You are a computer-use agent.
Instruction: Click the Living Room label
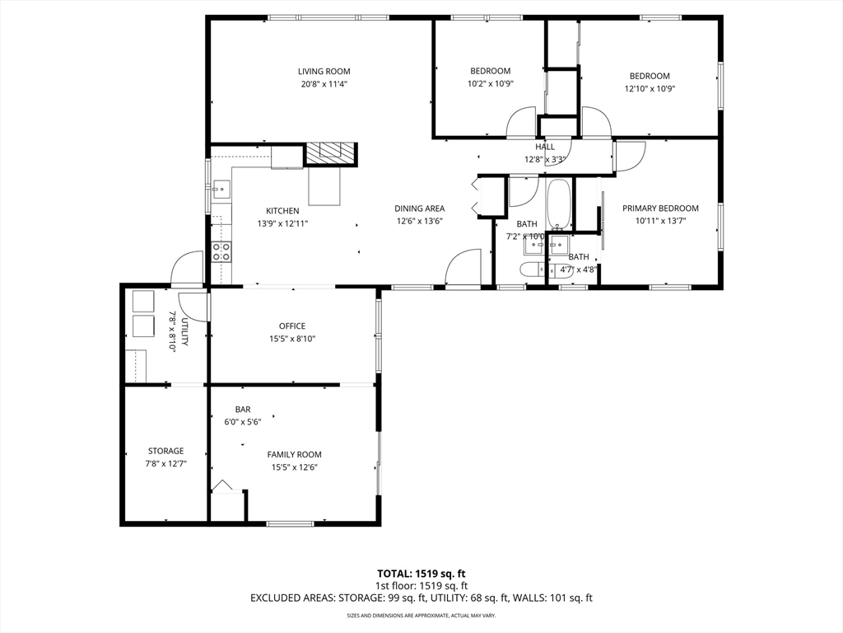[x=324, y=71]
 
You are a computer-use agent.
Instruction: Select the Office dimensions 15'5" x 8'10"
[x=292, y=339]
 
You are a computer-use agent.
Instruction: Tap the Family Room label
[x=294, y=455]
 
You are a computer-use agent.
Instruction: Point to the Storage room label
[x=166, y=451]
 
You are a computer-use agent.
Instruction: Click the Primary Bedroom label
[x=660, y=209]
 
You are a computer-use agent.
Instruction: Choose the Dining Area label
[x=419, y=209]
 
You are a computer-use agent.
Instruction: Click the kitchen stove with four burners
[x=221, y=251]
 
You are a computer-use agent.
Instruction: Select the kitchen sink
[x=221, y=189]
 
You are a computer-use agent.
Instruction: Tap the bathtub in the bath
[x=560, y=204]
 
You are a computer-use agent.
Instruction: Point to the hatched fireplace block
[x=331, y=154]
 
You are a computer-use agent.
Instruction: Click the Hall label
[x=545, y=147]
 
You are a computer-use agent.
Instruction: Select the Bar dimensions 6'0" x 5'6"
[x=243, y=422]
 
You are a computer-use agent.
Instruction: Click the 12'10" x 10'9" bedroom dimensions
[x=650, y=89]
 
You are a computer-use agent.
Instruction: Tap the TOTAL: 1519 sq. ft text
[x=421, y=574]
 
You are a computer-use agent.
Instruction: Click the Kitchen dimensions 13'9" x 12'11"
[x=282, y=223]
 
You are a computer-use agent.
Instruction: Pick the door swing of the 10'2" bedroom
[x=521, y=122]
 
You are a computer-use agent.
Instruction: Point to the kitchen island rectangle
[x=324, y=186]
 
